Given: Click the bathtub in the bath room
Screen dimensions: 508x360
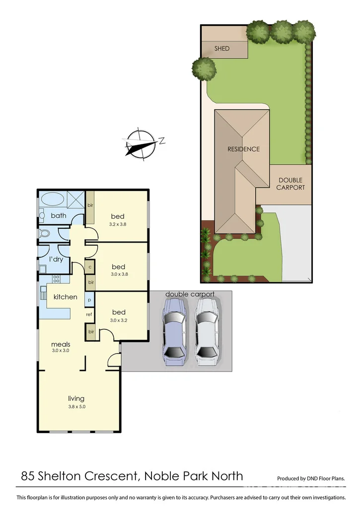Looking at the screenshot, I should click(53, 200).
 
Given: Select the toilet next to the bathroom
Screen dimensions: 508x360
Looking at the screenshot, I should click(45, 233).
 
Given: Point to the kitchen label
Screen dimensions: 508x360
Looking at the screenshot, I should click(66, 297).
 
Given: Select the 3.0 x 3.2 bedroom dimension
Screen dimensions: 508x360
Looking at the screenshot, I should click(119, 320).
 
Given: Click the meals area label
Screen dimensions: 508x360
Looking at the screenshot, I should click(60, 344).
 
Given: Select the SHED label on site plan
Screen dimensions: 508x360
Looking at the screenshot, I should click(222, 49).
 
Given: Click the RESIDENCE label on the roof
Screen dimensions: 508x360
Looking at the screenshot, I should click(243, 149).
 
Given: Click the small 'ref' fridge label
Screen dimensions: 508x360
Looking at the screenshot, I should click(89, 315).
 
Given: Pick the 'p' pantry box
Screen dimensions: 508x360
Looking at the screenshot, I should click(89, 300).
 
